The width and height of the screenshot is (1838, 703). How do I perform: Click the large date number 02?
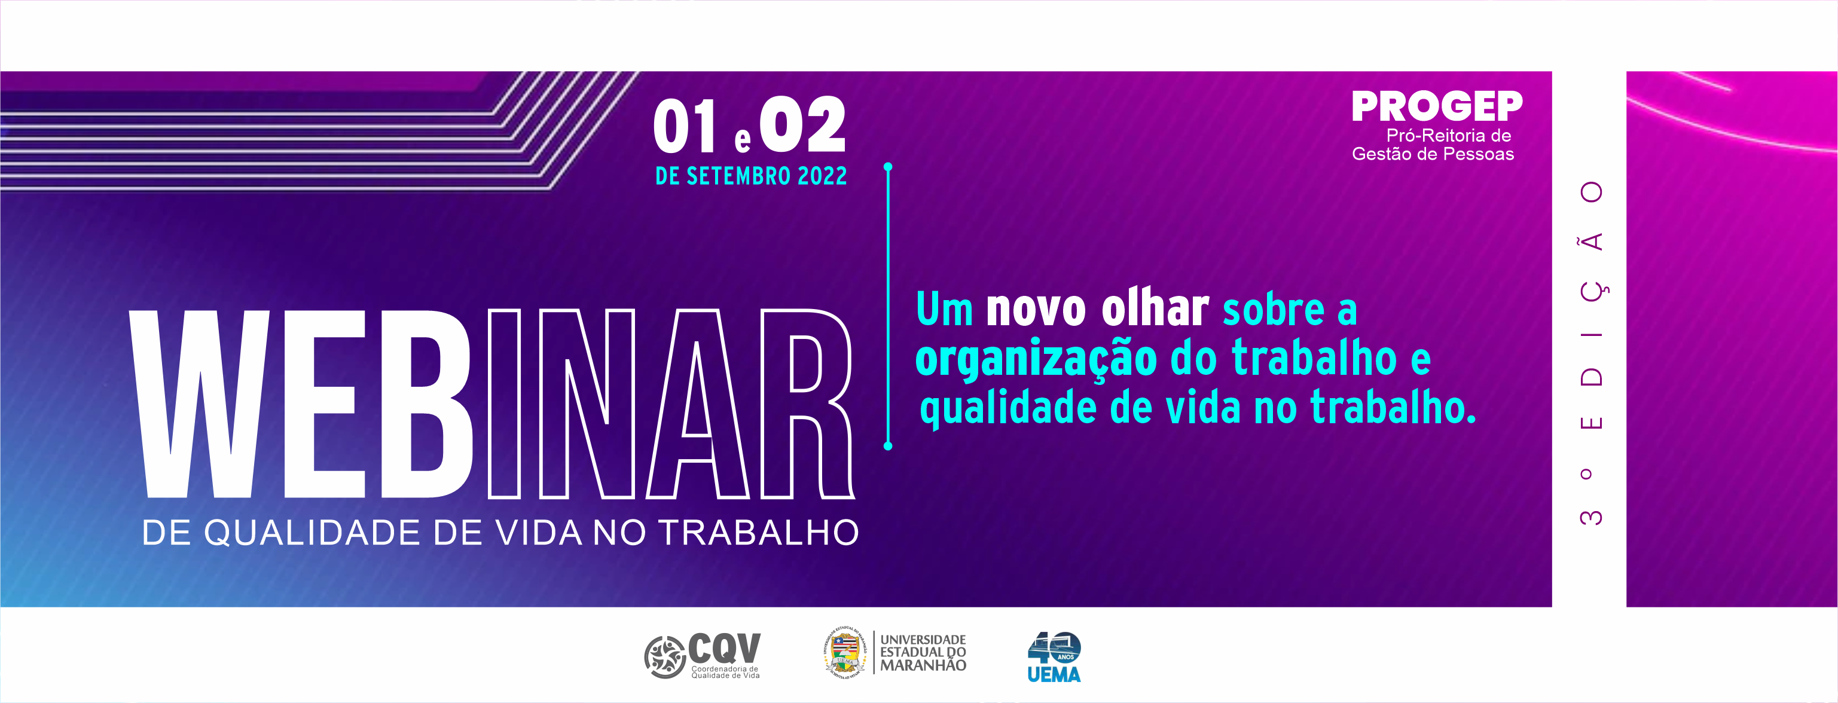[802, 125]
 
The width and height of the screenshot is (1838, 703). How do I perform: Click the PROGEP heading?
[1436, 107]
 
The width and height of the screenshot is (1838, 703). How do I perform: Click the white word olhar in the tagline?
[1155, 309]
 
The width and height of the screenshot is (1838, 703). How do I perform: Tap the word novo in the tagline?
[1036, 310]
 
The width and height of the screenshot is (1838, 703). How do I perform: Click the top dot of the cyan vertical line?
[889, 167]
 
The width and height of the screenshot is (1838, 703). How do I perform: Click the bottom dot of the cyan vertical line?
[889, 446]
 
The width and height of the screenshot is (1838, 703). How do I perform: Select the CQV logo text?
[724, 648]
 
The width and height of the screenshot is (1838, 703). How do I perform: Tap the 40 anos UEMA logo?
[1054, 656]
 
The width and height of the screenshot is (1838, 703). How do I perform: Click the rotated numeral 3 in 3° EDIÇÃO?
[1591, 516]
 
